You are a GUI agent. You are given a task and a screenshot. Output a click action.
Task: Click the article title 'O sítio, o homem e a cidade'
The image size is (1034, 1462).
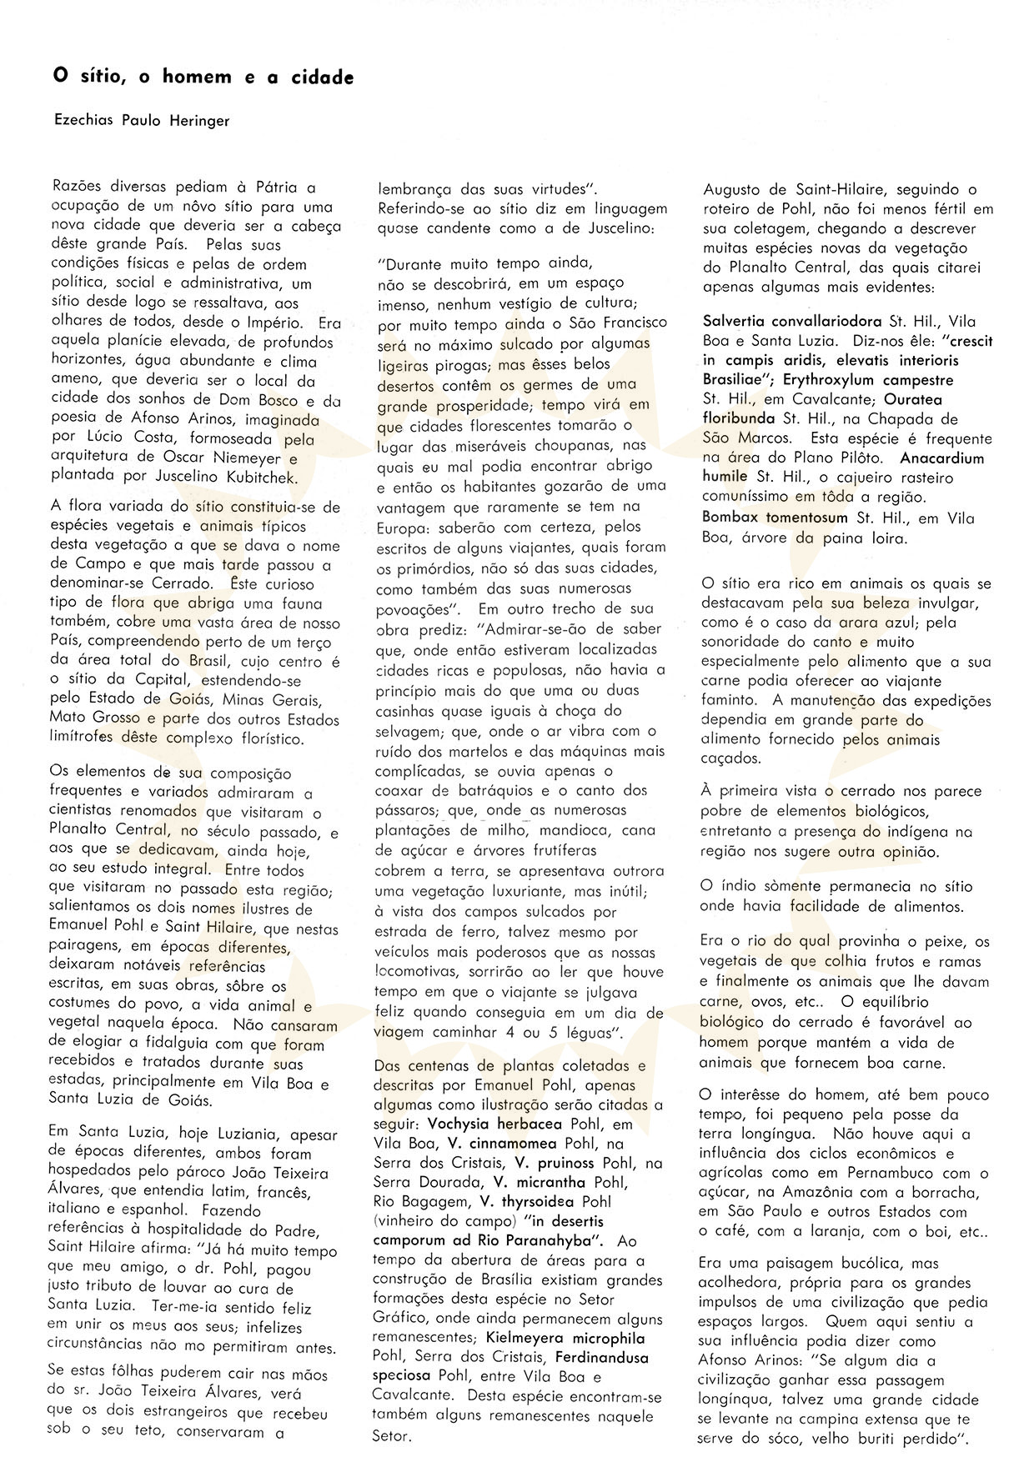pyautogui.click(x=203, y=78)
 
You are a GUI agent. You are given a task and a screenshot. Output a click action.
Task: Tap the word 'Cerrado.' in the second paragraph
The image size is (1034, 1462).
pyautogui.click(x=189, y=584)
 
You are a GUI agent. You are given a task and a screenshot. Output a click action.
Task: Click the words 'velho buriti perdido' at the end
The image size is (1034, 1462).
pyautogui.click(x=886, y=1439)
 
